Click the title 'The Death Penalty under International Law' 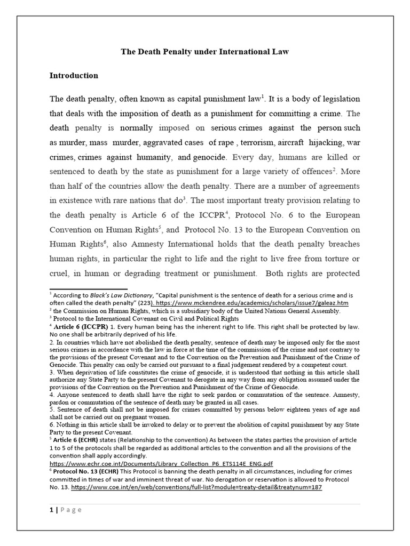[204, 52]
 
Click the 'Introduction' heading [74, 75]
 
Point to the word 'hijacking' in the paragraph [327, 142]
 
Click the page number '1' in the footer [51, 510]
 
